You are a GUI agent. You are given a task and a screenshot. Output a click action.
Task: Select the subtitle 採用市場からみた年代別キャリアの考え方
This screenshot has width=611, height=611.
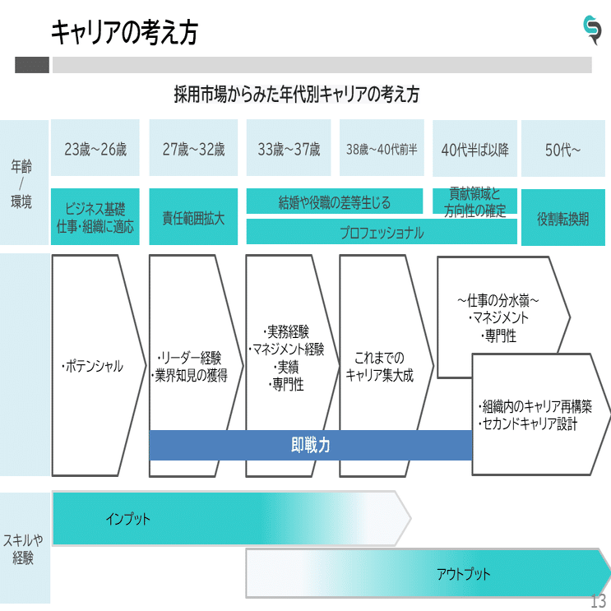coord(297,94)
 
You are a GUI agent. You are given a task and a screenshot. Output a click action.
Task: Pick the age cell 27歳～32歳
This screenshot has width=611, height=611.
coord(193,150)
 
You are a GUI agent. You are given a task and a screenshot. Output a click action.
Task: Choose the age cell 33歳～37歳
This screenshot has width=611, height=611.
coord(289,150)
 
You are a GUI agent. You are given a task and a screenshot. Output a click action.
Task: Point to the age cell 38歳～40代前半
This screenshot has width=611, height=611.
coord(382,150)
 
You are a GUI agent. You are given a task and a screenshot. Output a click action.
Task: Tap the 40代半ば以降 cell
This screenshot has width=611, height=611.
coord(474,150)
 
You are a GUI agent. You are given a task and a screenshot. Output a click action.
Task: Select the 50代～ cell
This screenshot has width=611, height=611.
coord(563,150)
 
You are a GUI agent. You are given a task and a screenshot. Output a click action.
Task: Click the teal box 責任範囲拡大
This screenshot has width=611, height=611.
coord(193,219)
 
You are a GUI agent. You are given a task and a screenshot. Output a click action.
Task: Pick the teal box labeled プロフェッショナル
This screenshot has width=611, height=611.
coord(382,233)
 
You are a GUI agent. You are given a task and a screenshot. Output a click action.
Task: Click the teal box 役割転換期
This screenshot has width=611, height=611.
coord(563,220)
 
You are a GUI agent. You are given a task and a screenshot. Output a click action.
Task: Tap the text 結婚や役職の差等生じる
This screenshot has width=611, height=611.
coord(335,202)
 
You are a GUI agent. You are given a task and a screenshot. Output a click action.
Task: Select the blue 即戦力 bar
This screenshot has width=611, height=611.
coord(311,445)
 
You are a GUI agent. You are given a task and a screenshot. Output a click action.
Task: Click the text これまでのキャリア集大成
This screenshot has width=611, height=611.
coord(379,367)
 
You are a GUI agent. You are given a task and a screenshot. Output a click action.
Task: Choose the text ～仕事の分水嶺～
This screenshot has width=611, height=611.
coord(498,300)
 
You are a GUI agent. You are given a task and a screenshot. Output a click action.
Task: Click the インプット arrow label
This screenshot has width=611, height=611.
coord(127,519)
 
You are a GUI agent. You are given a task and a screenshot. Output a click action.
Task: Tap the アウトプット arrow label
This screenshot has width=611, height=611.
coord(463,573)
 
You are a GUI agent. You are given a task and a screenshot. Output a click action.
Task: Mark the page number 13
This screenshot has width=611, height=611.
coord(598,601)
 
